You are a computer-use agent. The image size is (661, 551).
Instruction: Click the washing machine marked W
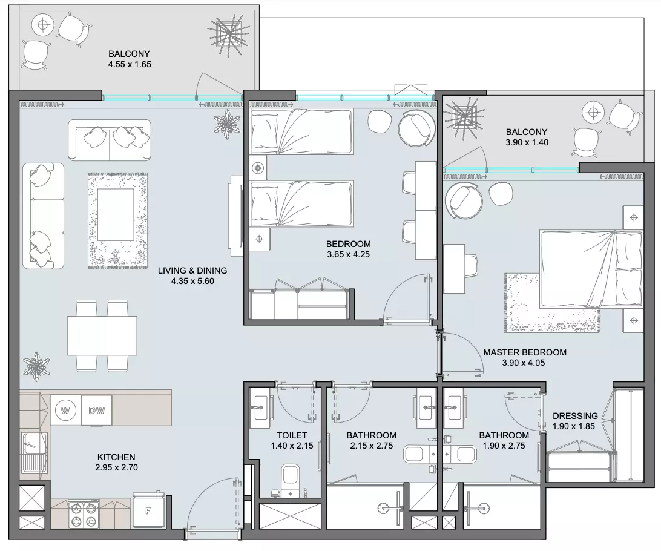click(x=65, y=410)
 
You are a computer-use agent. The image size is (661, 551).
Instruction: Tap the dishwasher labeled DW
click(x=96, y=410)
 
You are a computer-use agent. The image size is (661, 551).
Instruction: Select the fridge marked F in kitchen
click(x=148, y=510)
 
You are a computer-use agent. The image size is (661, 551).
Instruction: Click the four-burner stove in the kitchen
click(x=84, y=513)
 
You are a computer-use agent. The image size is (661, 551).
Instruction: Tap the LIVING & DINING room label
click(x=192, y=271)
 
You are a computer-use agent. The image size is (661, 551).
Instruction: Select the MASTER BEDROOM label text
click(x=525, y=352)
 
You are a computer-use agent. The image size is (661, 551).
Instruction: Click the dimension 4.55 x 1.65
click(x=130, y=65)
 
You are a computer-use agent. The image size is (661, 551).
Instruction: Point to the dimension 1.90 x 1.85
click(x=574, y=426)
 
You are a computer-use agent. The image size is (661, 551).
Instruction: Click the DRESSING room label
click(x=575, y=416)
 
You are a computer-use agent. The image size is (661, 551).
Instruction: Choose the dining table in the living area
click(x=102, y=336)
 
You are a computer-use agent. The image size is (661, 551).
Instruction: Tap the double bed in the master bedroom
click(x=591, y=269)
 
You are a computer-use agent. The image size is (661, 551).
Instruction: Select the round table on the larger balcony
click(x=42, y=25)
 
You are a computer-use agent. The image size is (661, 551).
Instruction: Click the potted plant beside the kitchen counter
click(x=36, y=366)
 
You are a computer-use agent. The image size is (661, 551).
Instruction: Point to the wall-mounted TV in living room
click(x=235, y=216)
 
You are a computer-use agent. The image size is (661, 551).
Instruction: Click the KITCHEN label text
click(x=116, y=457)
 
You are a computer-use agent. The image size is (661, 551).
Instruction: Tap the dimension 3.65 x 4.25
click(x=348, y=254)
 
